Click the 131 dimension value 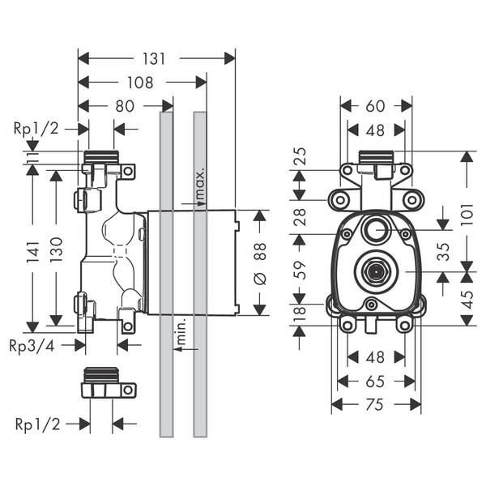[154, 58]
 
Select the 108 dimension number [140, 83]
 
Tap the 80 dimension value [125, 106]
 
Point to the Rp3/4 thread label [32, 346]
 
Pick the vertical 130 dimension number [57, 249]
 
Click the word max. [200, 184]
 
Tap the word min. [181, 330]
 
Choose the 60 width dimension [375, 106]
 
